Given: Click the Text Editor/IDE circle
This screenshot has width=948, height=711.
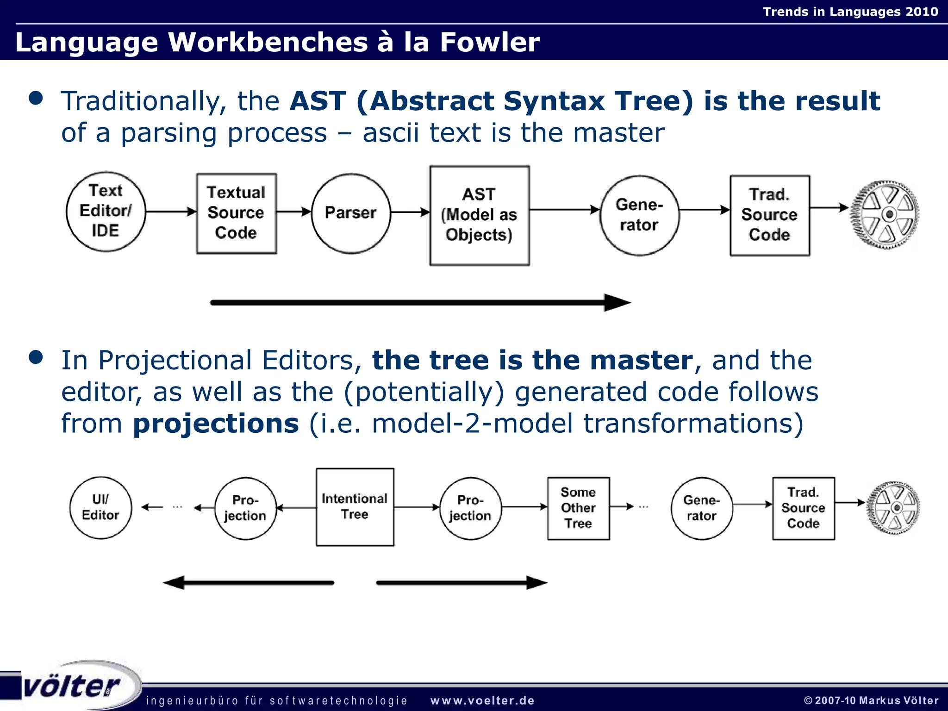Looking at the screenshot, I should pyautogui.click(x=106, y=212).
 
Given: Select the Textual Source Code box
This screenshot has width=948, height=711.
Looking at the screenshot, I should pyautogui.click(x=237, y=213).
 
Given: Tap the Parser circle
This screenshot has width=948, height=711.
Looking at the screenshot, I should pyautogui.click(x=351, y=213).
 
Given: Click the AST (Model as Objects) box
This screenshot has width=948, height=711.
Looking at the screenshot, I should pyautogui.click(x=479, y=215).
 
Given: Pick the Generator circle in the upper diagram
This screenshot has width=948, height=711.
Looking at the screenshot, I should pyautogui.click(x=639, y=215).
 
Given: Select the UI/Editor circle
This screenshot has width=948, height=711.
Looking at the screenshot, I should pyautogui.click(x=100, y=508).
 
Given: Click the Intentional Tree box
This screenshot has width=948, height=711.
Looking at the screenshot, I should pyautogui.click(x=355, y=507).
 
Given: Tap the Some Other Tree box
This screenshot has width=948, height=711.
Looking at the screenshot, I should pyautogui.click(x=578, y=508).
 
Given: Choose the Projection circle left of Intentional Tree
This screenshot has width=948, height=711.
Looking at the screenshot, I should pyautogui.click(x=245, y=508).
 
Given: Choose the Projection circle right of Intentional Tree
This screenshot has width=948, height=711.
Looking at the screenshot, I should pyautogui.click(x=470, y=508).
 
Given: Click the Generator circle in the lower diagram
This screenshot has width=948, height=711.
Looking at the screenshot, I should pyautogui.click(x=702, y=508).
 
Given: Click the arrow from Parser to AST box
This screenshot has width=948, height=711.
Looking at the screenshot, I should pyautogui.click(x=410, y=212).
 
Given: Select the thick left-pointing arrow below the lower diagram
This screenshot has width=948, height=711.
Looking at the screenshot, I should pyautogui.click(x=248, y=583).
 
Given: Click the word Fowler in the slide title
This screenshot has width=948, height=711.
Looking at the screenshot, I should pyautogui.click(x=489, y=42).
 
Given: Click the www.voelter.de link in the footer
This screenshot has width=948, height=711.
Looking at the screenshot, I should pyautogui.click(x=482, y=701).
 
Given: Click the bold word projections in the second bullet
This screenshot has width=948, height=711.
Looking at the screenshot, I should pyautogui.click(x=216, y=424).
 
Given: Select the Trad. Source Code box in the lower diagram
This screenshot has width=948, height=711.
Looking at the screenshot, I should pyautogui.click(x=803, y=508).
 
